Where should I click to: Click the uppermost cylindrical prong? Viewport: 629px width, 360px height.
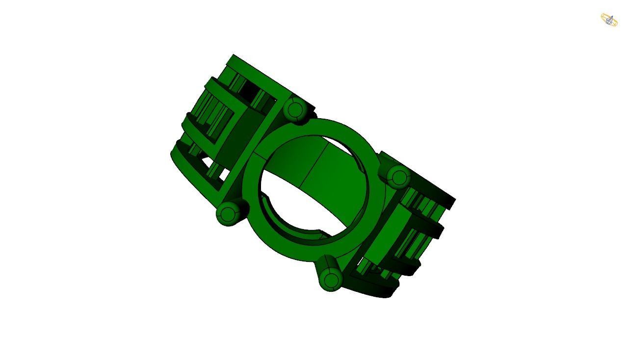295,109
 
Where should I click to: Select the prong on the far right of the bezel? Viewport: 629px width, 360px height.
398,177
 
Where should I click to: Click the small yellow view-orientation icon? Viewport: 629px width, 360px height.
609,20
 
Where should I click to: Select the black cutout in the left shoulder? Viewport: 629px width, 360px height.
251,92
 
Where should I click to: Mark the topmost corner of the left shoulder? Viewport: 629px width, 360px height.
233,55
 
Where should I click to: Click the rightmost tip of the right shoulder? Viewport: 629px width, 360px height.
454,200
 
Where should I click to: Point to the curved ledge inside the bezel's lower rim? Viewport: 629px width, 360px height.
294,231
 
